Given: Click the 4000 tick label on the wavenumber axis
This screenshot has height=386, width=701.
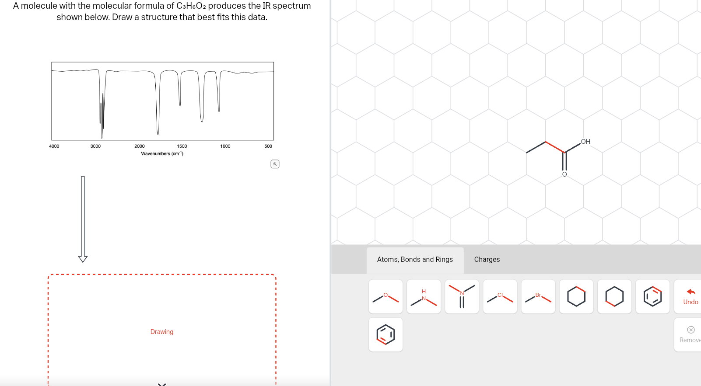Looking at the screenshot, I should tap(54, 146).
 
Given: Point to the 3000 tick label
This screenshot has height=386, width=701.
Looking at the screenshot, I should tap(95, 146).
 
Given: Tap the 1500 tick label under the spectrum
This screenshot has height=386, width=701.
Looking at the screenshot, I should tap(182, 146).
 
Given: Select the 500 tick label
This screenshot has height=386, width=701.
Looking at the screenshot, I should tap(268, 146).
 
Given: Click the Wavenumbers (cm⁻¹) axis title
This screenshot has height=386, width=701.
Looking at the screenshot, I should tap(162, 154).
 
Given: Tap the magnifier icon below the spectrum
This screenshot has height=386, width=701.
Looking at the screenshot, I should tap(275, 164).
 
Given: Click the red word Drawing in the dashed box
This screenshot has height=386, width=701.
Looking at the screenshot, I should tap(162, 332).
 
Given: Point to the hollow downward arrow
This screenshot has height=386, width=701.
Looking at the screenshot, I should tap(83, 219).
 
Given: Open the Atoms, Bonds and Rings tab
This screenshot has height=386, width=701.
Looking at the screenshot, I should tap(415, 260).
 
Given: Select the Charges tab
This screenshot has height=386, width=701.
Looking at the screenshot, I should tap(487, 260).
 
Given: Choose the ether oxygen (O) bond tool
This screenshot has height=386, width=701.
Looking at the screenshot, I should tap(386, 297).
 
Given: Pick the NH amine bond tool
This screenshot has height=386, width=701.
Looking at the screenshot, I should tap(424, 297).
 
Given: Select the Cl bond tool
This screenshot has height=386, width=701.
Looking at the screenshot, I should tap(500, 297).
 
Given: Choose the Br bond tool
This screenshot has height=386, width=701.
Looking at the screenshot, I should tap(538, 297).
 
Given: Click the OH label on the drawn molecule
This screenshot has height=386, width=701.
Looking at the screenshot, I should tap(585, 142).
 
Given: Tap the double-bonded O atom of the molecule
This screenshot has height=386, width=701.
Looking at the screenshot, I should tap(564, 174).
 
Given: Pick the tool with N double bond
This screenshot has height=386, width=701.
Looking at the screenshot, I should tap(462, 297).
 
